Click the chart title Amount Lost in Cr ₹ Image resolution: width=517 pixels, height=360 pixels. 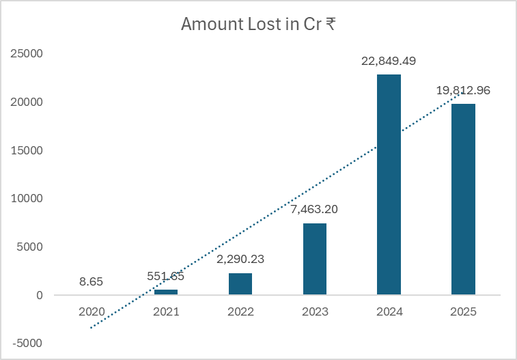257,24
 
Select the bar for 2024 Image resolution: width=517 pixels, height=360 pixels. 389,184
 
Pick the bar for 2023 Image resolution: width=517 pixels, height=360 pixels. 315,259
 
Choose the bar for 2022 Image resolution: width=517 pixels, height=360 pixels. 240,284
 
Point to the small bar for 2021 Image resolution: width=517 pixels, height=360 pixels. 166,292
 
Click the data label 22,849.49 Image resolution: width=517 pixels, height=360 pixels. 389,61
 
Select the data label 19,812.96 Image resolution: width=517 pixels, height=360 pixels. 463,90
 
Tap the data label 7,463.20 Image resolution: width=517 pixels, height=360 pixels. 315,209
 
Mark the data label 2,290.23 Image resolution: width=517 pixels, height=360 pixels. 240,259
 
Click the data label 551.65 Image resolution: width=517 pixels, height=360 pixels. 166,276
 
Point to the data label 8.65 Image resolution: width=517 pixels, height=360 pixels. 92,281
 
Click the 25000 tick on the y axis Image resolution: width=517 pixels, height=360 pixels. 29,53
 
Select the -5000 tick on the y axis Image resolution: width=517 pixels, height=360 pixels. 29,344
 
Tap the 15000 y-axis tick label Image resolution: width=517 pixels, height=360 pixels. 29,150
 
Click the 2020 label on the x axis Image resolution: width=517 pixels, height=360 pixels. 92,311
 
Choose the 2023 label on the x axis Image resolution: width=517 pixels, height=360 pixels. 315,311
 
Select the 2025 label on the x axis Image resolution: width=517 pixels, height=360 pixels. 463,311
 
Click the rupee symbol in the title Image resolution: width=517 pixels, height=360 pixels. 330,24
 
